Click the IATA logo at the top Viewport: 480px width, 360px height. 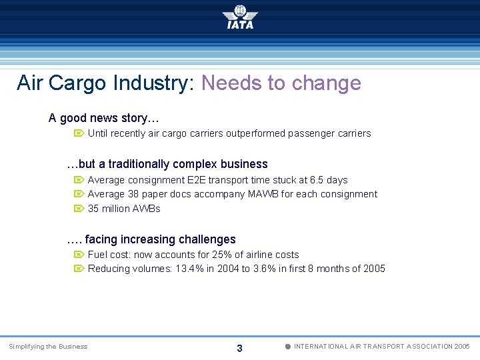240,17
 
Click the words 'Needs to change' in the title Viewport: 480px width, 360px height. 281,83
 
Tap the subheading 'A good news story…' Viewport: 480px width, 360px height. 103,118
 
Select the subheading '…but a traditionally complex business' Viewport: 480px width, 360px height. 167,164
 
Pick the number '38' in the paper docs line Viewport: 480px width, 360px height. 134,194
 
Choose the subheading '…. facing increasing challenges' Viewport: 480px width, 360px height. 151,239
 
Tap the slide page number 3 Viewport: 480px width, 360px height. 239,348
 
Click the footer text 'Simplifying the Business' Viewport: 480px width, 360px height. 48,347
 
